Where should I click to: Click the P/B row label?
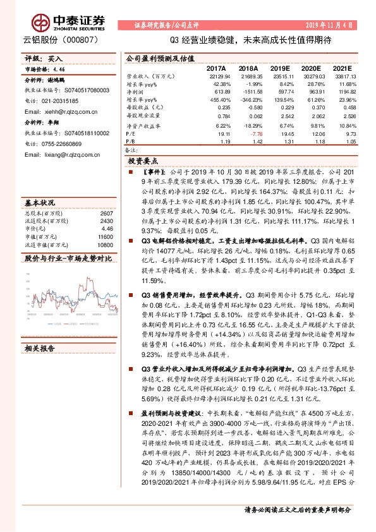tap(130, 142)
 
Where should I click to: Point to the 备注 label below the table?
tap(131, 150)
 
